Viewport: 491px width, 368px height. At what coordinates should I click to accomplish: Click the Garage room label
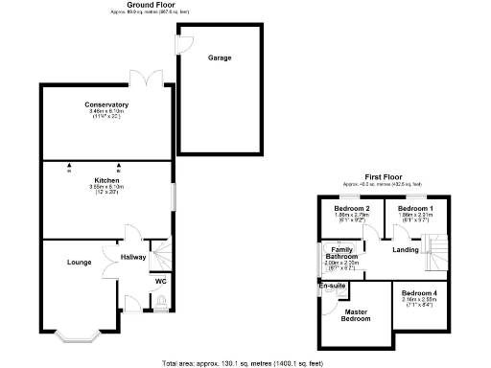pyautogui.click(x=220, y=57)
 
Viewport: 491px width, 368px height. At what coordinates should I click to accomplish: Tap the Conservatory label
pyautogui.click(x=106, y=104)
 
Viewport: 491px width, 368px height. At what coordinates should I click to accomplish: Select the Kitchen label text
pyautogui.click(x=106, y=180)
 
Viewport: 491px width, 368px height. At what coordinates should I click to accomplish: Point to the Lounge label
pyautogui.click(x=79, y=261)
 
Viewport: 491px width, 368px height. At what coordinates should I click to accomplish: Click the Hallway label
pyautogui.click(x=133, y=257)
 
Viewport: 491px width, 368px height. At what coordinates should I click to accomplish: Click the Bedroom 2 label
pyautogui.click(x=352, y=209)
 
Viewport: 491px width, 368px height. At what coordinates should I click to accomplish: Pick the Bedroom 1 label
pyautogui.click(x=416, y=209)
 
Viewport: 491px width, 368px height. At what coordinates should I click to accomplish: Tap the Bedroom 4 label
pyautogui.click(x=419, y=292)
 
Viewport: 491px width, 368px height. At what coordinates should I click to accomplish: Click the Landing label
pyautogui.click(x=406, y=251)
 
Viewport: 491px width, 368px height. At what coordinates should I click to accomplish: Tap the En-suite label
pyautogui.click(x=331, y=286)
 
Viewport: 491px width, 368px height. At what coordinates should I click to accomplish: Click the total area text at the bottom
pyautogui.click(x=245, y=362)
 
